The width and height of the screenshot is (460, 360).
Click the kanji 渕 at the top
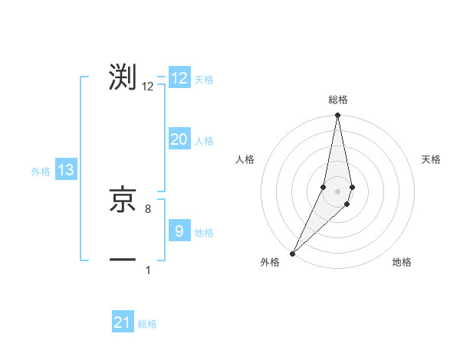(x=123, y=78)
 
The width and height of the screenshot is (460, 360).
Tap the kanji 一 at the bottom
(x=123, y=260)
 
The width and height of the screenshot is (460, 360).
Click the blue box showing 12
(x=179, y=78)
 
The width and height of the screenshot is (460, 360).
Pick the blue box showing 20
(x=179, y=139)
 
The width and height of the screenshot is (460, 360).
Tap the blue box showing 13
(x=66, y=170)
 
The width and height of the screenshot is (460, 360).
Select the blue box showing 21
(x=123, y=322)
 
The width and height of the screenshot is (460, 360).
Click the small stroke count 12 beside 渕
(x=148, y=87)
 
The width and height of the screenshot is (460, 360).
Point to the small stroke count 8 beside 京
(x=148, y=208)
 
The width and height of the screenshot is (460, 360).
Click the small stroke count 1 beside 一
(x=148, y=270)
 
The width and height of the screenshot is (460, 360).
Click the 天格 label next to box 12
(x=204, y=80)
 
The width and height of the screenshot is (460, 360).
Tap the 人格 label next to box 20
(x=204, y=141)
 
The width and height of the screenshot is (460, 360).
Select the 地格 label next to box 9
(x=204, y=233)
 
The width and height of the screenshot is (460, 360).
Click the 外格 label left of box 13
(x=41, y=172)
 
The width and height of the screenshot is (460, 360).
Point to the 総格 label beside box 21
(x=147, y=325)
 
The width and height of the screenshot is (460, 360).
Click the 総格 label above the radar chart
(x=337, y=100)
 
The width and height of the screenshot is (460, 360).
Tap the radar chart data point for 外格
(x=293, y=253)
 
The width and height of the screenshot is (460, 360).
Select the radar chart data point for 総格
(x=337, y=116)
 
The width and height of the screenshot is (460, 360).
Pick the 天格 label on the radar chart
(x=431, y=159)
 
